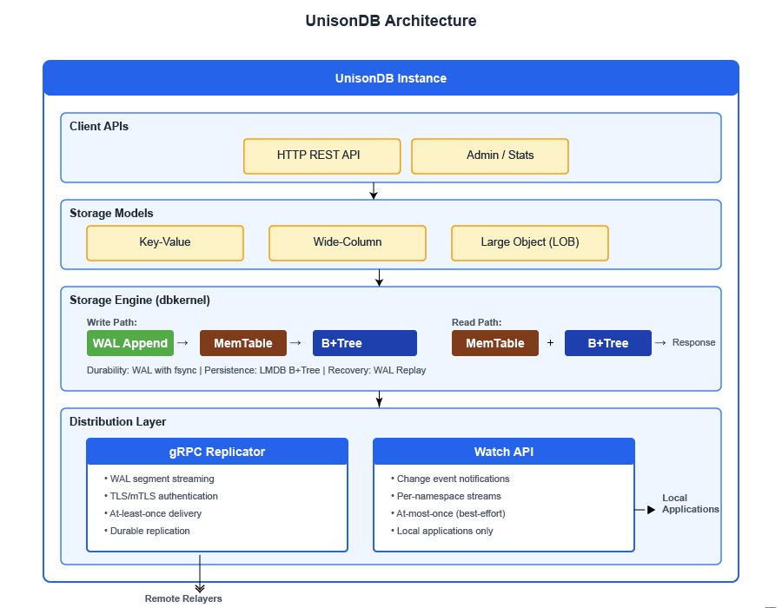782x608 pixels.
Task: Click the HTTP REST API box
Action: pos(321,156)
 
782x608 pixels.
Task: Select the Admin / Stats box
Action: pos(489,156)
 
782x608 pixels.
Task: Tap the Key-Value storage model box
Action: pos(165,243)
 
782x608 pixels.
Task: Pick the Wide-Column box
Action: pos(348,243)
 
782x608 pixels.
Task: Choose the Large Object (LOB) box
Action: pos(529,243)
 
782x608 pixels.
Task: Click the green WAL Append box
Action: pos(130,343)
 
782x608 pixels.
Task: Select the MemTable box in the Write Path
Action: pos(243,343)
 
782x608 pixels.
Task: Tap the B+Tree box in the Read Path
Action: pos(608,343)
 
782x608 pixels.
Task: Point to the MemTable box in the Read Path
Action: pos(495,343)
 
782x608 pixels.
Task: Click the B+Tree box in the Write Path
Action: pos(365,343)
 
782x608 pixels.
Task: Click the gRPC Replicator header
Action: pos(217,452)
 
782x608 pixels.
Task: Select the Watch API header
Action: pos(504,452)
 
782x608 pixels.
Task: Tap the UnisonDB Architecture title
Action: pos(391,21)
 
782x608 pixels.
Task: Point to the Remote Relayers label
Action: pos(183,598)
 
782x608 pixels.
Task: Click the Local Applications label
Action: pos(691,504)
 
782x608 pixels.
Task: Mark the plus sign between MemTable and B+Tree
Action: pos(550,343)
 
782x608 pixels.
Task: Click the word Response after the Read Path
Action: pos(694,342)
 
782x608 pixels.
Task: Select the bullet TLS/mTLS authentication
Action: pos(163,496)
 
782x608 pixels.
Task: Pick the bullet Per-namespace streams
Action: pos(448,496)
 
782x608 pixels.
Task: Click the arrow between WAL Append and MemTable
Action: pos(182,343)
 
